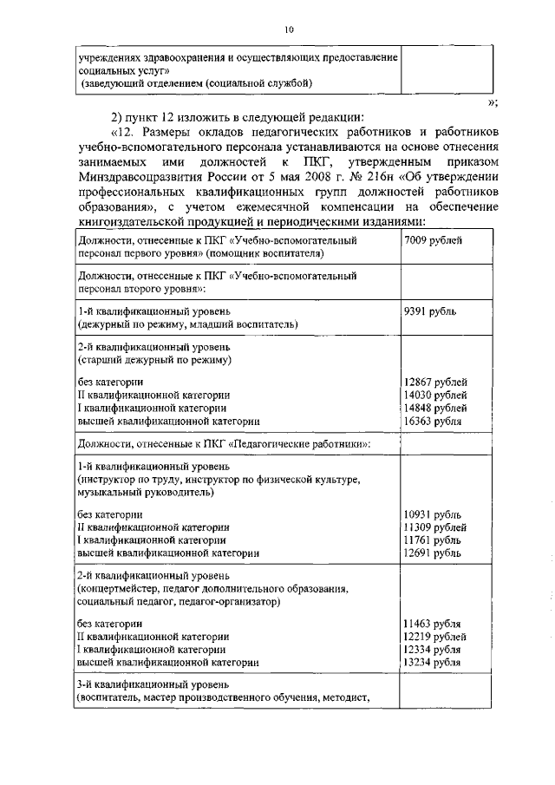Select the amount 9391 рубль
tap(431, 311)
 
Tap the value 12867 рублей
tap(435, 382)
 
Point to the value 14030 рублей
tap(435, 395)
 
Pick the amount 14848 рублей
tap(435, 408)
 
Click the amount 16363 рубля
tap(433, 421)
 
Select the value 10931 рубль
tap(432, 514)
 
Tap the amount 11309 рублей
tap(435, 527)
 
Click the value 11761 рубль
tap(432, 539)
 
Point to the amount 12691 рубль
tap(432, 552)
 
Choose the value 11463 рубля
tap(432, 624)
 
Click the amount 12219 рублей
tap(435, 637)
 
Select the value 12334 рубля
tap(432, 649)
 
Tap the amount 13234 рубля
tap(432, 662)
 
